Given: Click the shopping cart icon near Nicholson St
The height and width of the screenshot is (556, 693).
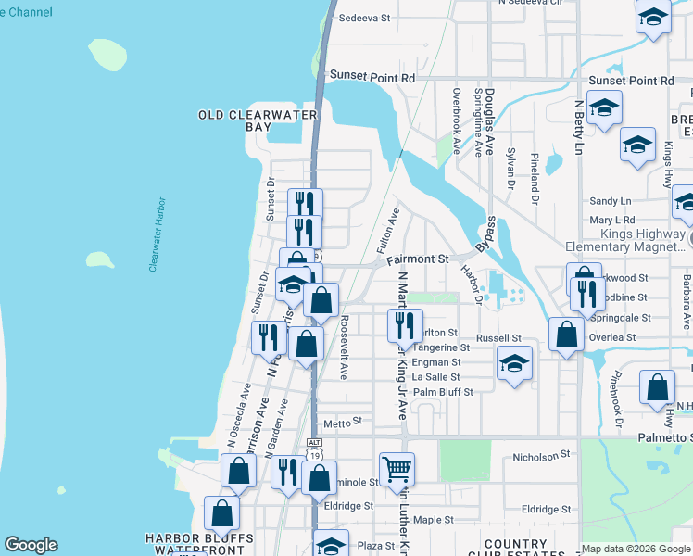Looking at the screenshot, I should pos(397,469).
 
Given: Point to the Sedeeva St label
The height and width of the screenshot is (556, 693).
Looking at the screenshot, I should pos(365,18).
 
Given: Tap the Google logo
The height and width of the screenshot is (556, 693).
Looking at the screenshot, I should pos(31,545).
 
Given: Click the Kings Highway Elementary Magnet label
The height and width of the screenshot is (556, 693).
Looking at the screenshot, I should pos(628,240).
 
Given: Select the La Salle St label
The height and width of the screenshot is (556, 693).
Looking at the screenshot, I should pos(436,377).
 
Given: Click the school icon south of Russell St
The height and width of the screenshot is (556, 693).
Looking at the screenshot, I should pos(514,363).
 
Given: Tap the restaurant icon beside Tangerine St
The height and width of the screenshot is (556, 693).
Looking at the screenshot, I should pos(404,324).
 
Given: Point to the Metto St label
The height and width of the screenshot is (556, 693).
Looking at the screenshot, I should pos(342,422).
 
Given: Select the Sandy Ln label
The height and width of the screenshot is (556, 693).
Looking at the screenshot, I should pos(610,201).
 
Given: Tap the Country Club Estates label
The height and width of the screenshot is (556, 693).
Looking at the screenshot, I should pos(515,550).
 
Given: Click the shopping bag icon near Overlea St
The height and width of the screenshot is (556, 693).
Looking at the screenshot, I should pos(565,334).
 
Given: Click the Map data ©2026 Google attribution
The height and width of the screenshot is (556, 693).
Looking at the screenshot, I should pos(636,549).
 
